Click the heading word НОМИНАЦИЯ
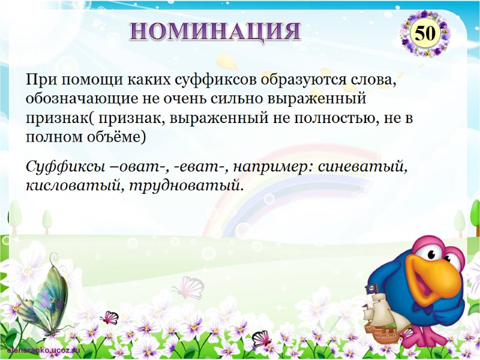[x=215, y=30]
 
